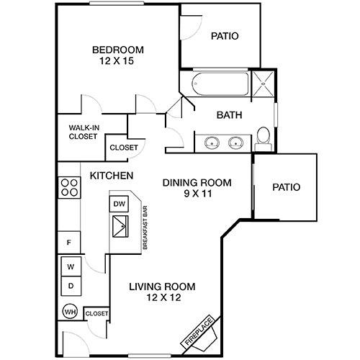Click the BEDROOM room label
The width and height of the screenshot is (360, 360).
click(x=117, y=50)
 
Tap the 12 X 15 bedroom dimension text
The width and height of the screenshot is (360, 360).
click(x=117, y=62)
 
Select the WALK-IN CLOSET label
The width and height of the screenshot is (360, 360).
click(x=83, y=131)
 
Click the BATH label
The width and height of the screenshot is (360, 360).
click(x=229, y=114)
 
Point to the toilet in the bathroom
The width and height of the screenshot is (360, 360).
click(x=264, y=138)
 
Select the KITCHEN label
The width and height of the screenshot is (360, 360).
click(x=110, y=176)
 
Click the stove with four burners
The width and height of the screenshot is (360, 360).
click(x=70, y=188)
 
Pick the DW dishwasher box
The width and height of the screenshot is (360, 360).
click(x=119, y=204)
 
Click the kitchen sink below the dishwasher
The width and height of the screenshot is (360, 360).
click(x=119, y=230)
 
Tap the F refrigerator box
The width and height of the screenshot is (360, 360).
click(x=70, y=243)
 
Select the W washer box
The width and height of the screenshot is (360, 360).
click(x=71, y=267)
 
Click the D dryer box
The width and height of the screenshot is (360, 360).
click(x=71, y=286)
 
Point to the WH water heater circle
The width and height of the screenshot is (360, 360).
click(x=70, y=313)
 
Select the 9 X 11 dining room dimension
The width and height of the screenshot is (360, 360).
click(x=197, y=194)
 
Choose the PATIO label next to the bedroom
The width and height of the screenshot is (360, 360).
click(x=225, y=36)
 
